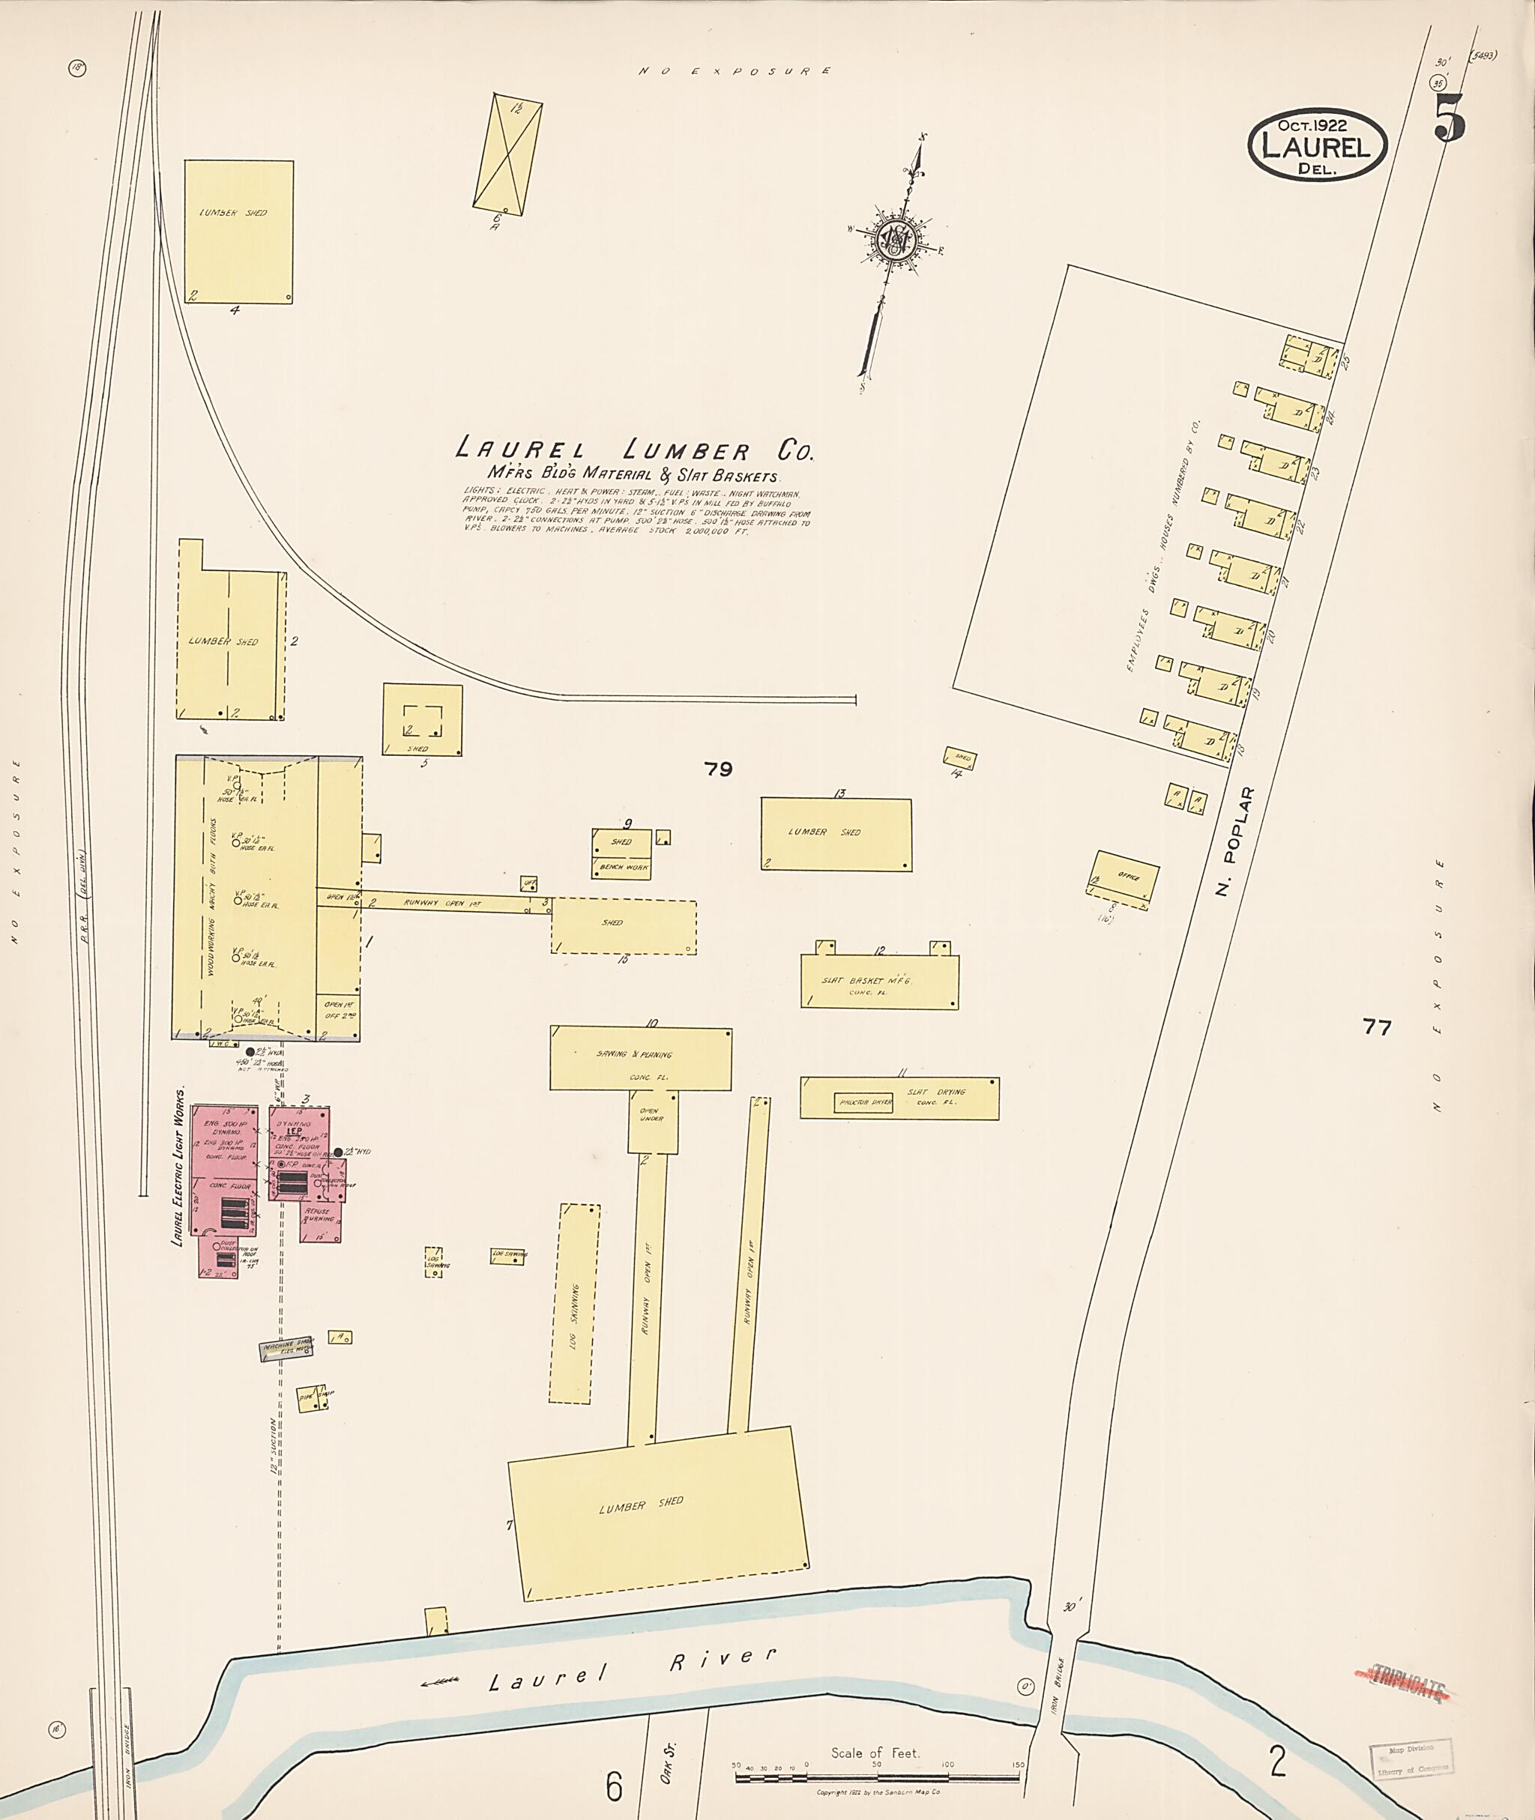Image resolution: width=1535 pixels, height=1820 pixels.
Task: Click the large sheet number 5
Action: pos(1450,119)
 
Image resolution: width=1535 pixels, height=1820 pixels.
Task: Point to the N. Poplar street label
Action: pos(1234,842)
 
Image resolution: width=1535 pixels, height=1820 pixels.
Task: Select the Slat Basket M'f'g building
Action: pos(879,982)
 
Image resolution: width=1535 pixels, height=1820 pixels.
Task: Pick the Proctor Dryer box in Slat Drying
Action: pos(863,1102)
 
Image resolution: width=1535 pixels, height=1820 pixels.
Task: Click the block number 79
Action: pos(719,769)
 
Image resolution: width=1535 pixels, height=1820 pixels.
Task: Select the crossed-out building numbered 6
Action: pos(507,154)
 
